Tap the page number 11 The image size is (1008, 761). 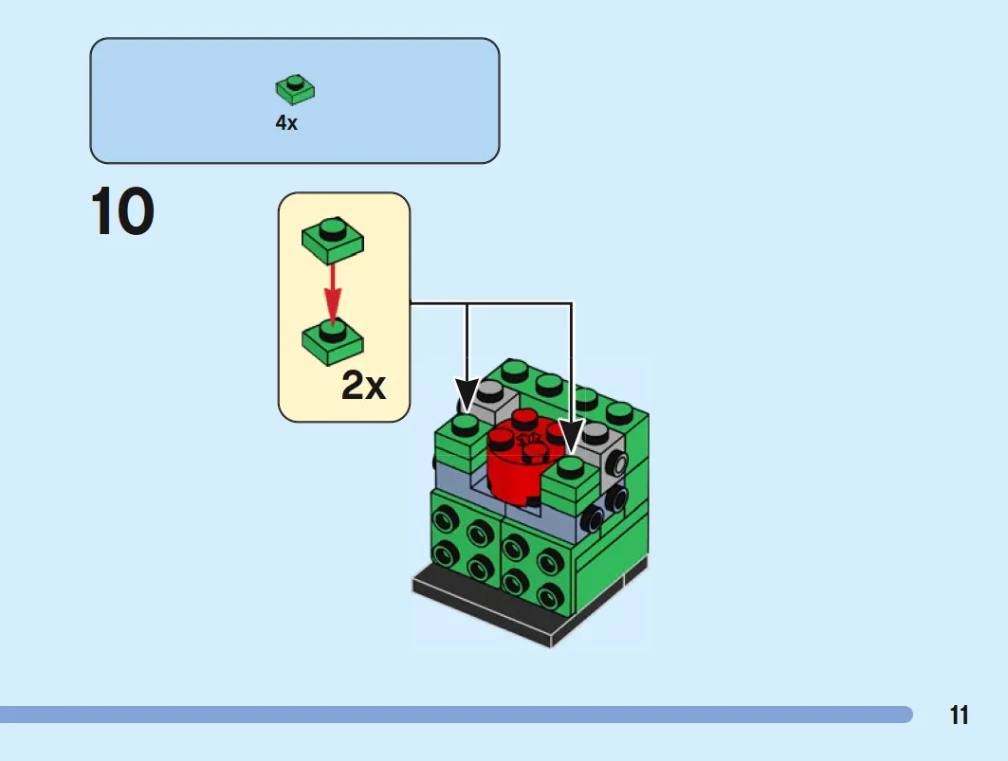pos(959,716)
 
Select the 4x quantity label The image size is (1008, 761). pos(286,123)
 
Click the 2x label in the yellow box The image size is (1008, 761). pos(364,386)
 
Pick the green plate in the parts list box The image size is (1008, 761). pos(295,90)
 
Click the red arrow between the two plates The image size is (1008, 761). pos(332,293)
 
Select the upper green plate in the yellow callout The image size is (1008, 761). pos(332,241)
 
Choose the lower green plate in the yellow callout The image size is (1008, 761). pos(332,343)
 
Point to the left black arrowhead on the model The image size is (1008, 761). pos(467,394)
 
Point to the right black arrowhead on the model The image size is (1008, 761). pos(572,437)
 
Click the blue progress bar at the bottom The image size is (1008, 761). pos(456,715)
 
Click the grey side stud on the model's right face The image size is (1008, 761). pos(618,463)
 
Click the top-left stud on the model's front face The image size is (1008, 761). pos(445,516)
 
